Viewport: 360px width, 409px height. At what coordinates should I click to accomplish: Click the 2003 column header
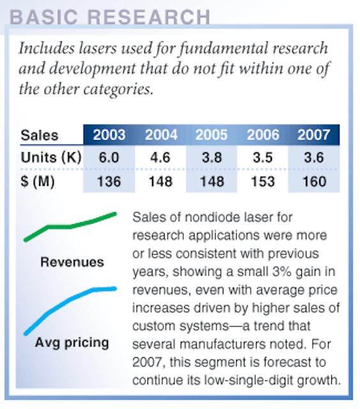[109, 135]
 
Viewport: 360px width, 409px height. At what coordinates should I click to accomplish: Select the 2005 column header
[211, 135]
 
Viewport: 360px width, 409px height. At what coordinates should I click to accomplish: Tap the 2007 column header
[313, 135]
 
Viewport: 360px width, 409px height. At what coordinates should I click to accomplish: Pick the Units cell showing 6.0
[109, 158]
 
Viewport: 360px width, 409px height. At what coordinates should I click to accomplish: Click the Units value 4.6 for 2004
[160, 158]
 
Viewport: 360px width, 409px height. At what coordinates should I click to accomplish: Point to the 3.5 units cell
[263, 158]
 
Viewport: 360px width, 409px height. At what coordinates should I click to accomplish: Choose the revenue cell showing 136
[109, 181]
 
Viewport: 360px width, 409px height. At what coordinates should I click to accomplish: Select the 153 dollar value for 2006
[262, 181]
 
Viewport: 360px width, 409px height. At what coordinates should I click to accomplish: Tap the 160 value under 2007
[314, 181]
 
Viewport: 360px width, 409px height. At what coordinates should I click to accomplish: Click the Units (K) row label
[51, 158]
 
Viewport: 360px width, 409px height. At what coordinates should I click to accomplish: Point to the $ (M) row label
[38, 181]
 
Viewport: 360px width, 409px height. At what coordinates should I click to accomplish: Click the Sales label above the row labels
[40, 135]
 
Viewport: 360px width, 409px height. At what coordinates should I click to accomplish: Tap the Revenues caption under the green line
[72, 262]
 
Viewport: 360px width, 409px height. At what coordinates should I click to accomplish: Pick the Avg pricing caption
[72, 343]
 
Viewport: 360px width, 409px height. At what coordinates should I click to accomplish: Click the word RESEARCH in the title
[149, 17]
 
